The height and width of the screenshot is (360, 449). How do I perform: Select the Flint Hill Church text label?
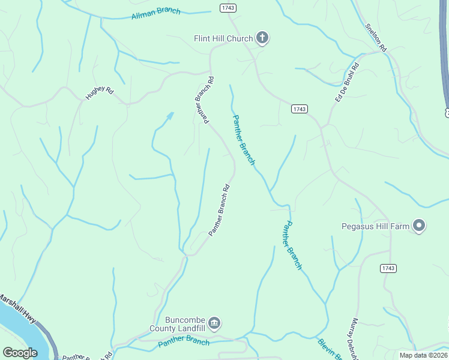(223, 38)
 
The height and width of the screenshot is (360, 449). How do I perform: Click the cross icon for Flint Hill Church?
(262, 38)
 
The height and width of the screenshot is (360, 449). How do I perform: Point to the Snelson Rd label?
(376, 37)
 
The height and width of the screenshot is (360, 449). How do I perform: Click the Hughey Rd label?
(100, 92)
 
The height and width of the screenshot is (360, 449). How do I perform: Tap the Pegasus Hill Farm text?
(375, 226)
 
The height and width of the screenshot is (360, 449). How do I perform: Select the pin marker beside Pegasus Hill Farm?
(419, 226)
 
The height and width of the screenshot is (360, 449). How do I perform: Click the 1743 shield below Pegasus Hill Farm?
(388, 268)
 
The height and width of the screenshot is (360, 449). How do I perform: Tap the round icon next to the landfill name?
(214, 324)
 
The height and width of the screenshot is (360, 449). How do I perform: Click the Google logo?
(20, 353)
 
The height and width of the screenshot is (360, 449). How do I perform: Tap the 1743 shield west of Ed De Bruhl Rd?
(300, 109)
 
